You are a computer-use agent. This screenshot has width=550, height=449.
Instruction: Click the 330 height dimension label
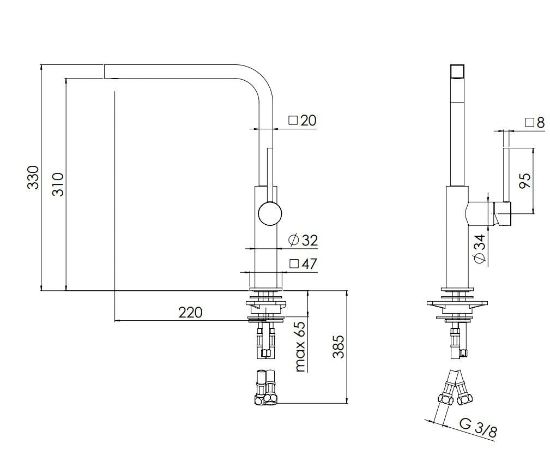click(33, 177)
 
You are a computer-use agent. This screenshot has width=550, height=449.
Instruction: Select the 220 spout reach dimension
click(190, 312)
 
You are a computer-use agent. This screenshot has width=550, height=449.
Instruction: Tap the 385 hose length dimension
click(337, 346)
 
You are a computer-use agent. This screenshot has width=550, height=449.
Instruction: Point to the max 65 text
click(299, 347)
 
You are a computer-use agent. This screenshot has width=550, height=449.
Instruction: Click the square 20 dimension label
click(303, 121)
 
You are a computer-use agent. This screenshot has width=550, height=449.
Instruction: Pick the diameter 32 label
click(303, 240)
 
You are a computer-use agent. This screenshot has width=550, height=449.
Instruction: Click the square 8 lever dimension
click(535, 122)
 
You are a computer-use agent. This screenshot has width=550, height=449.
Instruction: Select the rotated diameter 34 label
click(480, 250)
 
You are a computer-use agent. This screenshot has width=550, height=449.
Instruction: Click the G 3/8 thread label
click(478, 428)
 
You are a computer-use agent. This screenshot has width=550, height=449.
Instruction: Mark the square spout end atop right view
click(457, 72)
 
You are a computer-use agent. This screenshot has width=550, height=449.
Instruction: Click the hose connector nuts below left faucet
click(265, 388)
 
